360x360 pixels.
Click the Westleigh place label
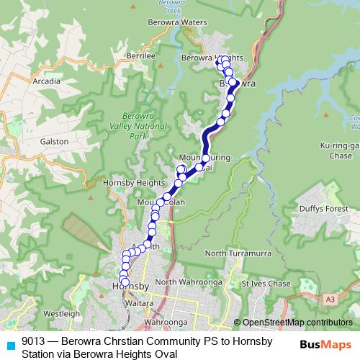click(63, 315)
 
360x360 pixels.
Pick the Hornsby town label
click(130, 287)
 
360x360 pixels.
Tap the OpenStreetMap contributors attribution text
click(297, 323)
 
